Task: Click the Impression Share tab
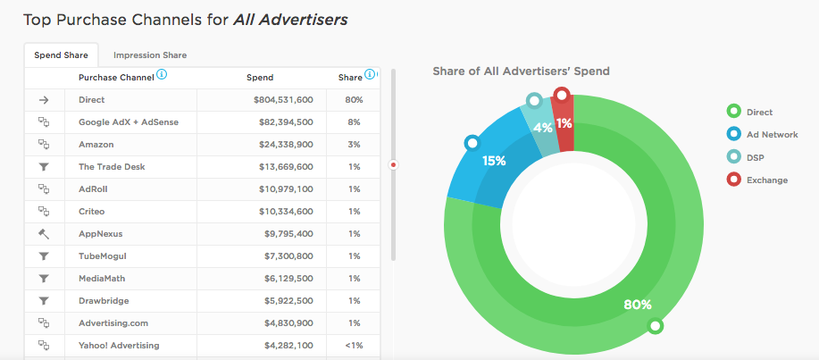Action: (150, 55)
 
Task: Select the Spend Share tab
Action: (61, 55)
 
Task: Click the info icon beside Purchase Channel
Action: (162, 76)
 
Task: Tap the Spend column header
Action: (260, 78)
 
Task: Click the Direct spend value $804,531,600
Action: (283, 100)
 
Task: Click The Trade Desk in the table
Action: (112, 166)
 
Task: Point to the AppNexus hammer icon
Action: (44, 233)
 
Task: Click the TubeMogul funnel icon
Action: (44, 255)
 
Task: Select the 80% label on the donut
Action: (637, 305)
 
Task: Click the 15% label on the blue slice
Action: (494, 161)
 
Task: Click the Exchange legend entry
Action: (766, 180)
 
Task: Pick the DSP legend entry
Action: (756, 157)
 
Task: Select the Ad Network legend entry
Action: (772, 135)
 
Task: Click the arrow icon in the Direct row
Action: (44, 100)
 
